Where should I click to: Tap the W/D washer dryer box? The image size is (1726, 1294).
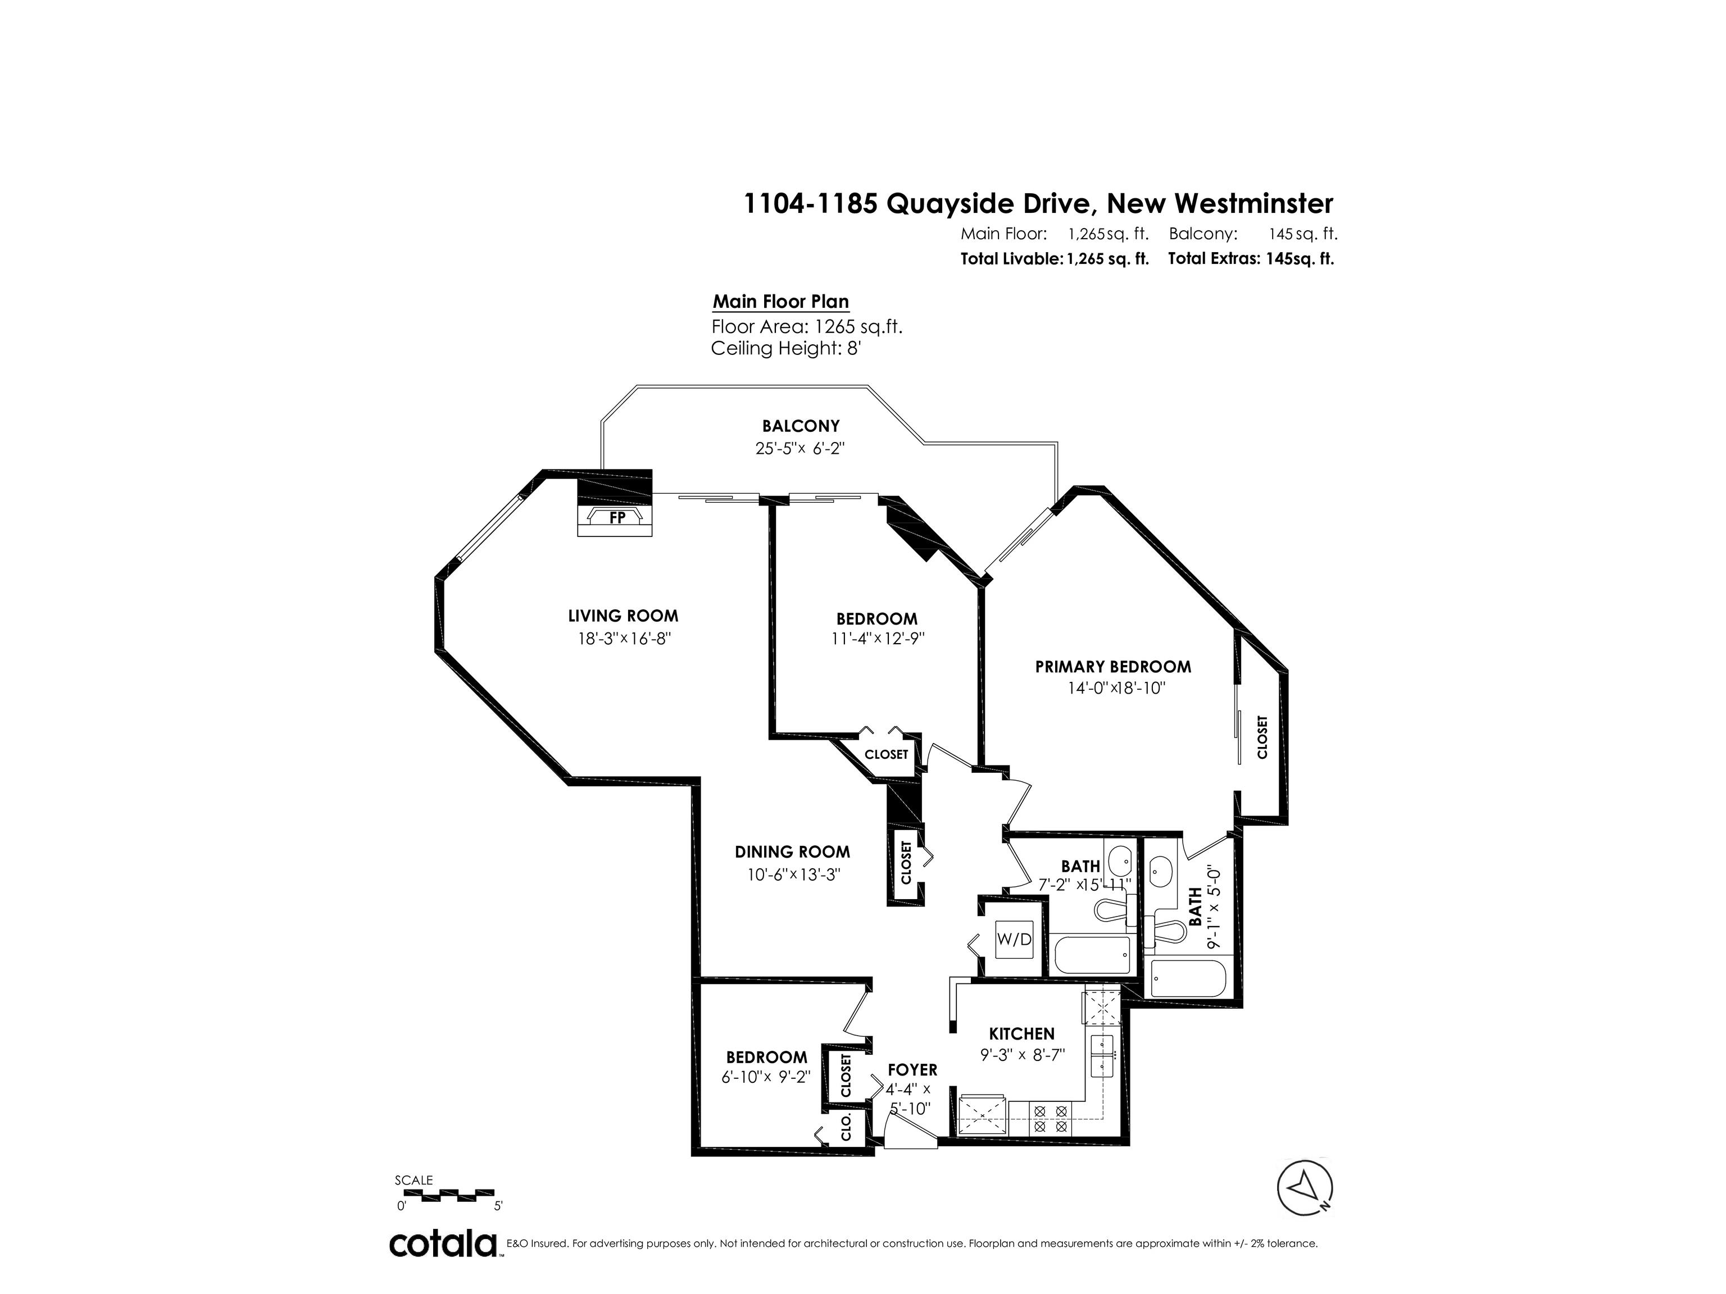1014,940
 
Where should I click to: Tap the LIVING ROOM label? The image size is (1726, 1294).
623,616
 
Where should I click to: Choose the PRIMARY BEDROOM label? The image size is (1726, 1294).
1112,667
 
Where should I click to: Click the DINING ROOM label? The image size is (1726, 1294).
792,853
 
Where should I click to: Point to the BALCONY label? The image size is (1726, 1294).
801,426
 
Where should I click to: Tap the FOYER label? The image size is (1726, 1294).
912,1070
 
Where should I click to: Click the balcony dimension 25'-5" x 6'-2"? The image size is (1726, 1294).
801,449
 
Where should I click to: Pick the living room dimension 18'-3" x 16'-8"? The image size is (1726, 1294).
624,639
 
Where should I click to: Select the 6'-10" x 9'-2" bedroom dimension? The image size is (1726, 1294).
766,1077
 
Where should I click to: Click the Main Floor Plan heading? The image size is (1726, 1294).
780,302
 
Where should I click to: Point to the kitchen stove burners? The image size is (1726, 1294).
1049,1119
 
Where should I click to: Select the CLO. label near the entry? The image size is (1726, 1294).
847,1128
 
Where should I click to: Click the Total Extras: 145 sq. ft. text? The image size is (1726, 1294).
1251,259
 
